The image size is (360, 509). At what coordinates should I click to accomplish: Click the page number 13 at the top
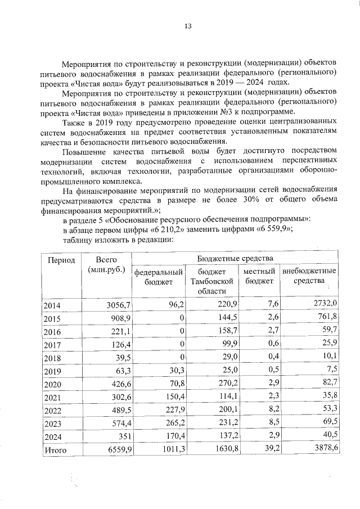[x=187, y=26]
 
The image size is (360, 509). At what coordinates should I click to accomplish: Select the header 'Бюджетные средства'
[x=235, y=258]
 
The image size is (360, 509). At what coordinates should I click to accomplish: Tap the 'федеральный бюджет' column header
[x=159, y=276]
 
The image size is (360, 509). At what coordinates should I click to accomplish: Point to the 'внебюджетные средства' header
[x=309, y=276]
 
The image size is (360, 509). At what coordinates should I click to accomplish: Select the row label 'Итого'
[x=55, y=450]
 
